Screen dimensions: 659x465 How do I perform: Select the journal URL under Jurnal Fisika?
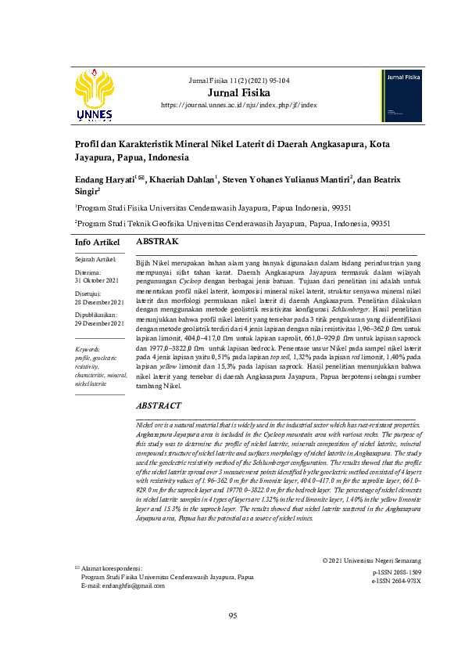point(238,105)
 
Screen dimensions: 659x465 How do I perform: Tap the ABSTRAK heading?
point(158,243)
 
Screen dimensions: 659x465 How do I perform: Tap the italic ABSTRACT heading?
point(159,406)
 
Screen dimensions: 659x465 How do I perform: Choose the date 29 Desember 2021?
point(98,322)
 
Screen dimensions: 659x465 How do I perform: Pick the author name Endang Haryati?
point(106,180)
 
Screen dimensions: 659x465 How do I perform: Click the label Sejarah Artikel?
point(95,258)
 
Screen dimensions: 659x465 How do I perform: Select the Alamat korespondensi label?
point(115,566)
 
